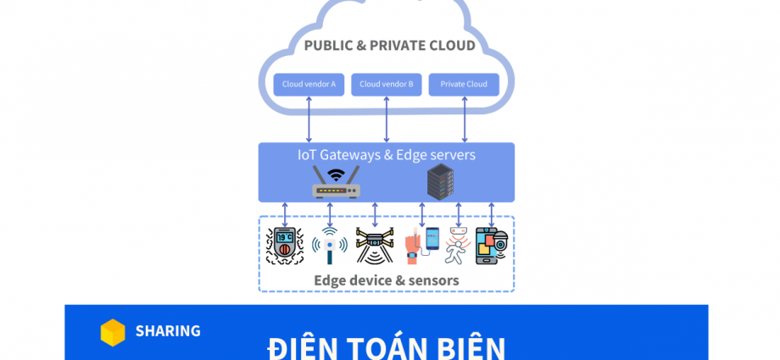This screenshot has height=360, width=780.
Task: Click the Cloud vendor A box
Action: (309, 84)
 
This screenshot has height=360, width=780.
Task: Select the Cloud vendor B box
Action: (387, 84)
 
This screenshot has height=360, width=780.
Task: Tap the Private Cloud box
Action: (464, 84)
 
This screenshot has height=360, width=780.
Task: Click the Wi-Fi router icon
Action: (336, 182)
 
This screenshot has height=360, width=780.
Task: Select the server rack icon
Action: (440, 181)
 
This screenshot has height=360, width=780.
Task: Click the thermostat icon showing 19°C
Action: (285, 246)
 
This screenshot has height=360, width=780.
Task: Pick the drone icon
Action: (374, 246)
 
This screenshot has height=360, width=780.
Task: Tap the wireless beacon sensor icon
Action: (329, 246)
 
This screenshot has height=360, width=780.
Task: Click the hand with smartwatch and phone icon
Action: (421, 246)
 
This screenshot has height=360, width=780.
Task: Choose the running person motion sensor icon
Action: (457, 246)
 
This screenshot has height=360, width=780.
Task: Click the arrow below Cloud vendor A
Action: (309, 119)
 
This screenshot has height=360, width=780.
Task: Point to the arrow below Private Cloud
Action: (464, 119)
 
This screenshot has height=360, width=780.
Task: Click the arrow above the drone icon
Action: (375, 214)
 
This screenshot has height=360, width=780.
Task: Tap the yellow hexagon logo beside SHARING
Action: (113, 332)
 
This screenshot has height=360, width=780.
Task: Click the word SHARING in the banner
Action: (168, 331)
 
